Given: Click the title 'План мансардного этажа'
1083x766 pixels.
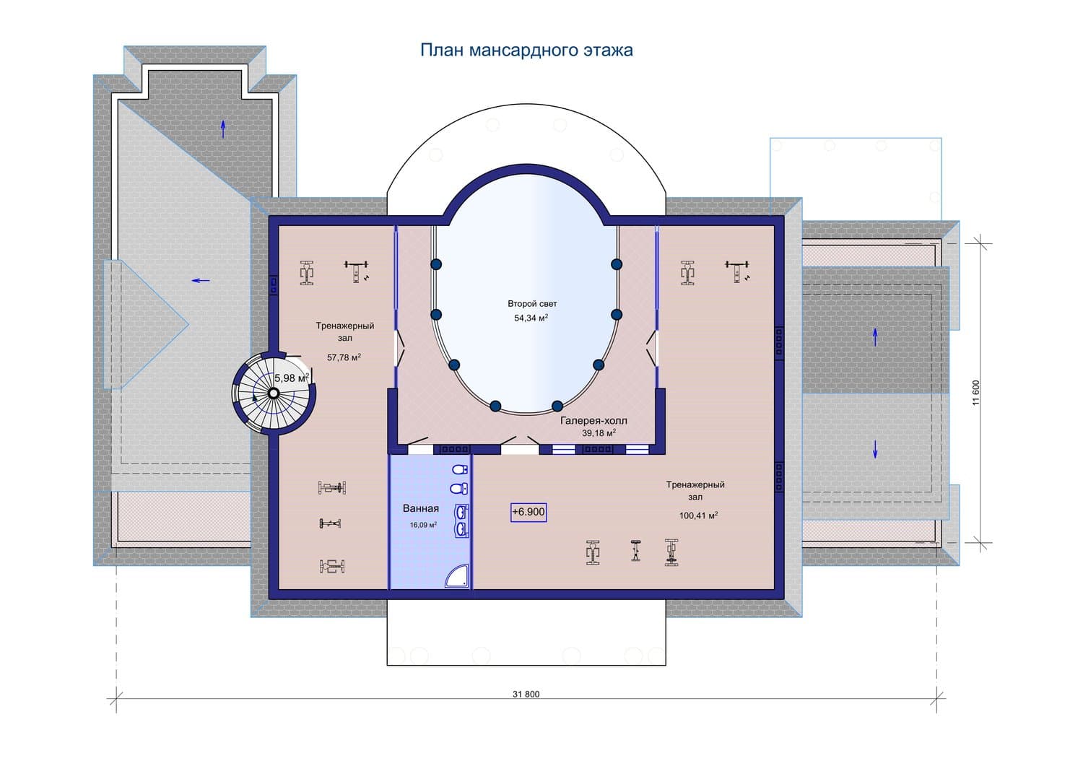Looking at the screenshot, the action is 526,51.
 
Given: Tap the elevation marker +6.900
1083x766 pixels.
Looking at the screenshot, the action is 529,512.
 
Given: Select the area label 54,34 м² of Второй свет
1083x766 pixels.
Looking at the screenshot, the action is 531,318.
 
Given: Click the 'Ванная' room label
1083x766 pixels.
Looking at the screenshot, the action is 421,508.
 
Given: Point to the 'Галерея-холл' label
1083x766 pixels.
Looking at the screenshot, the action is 593,421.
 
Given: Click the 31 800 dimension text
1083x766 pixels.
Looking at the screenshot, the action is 526,695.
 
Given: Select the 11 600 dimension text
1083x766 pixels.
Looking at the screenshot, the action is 975,393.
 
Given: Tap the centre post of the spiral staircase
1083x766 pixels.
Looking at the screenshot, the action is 273,393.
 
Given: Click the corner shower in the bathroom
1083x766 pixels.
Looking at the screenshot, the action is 457,575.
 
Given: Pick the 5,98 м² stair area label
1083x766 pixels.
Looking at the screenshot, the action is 292,378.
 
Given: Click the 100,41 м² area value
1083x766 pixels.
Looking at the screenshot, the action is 698,515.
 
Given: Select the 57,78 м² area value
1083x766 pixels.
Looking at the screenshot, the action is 344,357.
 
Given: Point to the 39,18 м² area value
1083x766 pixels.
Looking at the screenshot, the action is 599,433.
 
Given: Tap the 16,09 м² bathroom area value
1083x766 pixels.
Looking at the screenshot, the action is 423,525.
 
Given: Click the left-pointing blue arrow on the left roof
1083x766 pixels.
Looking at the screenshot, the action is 201,280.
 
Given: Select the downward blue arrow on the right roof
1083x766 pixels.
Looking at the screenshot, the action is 875,449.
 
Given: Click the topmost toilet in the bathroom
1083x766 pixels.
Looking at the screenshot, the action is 460,469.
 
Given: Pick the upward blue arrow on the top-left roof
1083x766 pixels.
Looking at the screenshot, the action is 223,130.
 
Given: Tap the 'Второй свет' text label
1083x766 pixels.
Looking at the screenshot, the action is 532,304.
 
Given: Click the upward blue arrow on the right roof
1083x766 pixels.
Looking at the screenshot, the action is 875,337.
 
